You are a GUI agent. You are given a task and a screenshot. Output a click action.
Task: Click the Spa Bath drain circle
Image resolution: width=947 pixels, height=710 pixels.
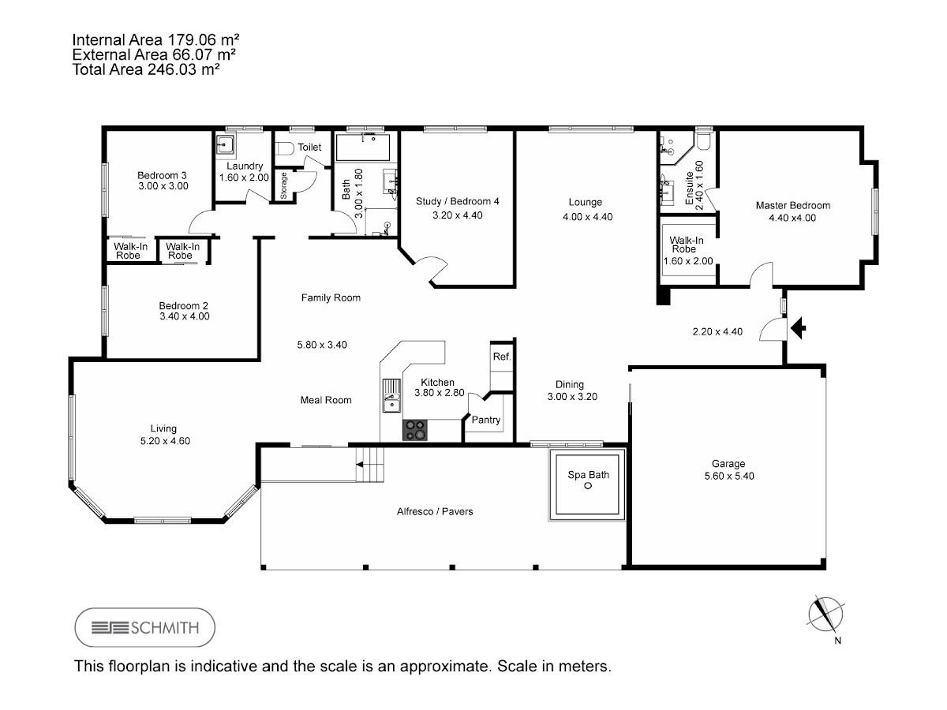588,486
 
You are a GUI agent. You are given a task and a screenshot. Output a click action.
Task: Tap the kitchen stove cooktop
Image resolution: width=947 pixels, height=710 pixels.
415,430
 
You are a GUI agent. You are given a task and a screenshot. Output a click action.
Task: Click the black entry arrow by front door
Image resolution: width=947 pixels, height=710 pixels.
798,328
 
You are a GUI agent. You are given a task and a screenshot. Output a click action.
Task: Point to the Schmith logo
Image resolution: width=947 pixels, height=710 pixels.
145,627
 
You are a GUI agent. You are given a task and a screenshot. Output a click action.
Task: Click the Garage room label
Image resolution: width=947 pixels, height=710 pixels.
728,464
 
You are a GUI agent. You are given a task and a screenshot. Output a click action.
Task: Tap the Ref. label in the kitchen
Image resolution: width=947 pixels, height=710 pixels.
502,357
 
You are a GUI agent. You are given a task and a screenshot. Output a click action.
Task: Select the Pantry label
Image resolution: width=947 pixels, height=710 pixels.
486,420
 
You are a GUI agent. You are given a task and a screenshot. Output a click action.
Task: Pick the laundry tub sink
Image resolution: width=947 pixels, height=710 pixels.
225,144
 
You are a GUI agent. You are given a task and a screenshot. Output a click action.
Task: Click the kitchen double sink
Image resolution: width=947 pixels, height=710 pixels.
391,396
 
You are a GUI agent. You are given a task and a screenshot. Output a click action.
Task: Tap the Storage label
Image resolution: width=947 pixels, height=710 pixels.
283,186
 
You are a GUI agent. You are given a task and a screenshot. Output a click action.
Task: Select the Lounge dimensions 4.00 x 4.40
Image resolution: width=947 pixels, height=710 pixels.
588,217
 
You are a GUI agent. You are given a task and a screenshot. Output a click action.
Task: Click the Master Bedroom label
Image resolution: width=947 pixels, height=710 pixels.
793,206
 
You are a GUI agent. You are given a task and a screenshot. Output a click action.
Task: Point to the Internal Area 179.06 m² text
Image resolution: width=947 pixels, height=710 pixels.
155,40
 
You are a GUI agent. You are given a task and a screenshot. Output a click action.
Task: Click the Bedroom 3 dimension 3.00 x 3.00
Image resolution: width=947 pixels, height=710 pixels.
163,186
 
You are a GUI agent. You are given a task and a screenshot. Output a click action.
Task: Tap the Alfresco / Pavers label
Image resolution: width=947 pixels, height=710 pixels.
435,512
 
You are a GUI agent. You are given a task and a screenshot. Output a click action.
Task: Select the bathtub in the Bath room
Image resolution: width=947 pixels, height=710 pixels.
363,148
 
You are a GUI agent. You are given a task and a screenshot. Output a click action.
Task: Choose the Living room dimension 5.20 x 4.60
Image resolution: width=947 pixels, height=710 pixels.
165,441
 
